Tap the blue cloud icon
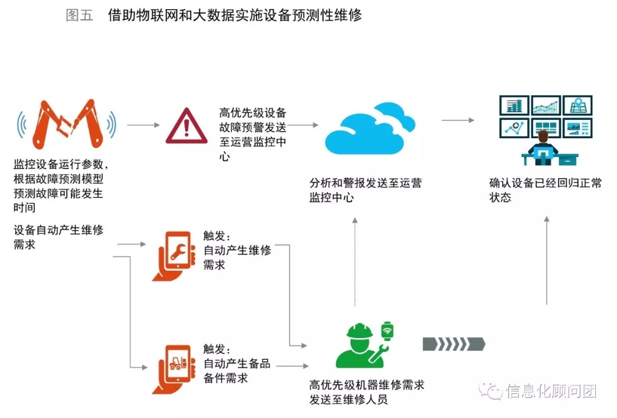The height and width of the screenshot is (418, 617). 370,133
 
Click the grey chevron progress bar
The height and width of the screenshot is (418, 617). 454,344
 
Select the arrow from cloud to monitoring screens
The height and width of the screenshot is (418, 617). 458,120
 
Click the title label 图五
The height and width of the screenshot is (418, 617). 79,15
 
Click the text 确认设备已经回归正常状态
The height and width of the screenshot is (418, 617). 545,191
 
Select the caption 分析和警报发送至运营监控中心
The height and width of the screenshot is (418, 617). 366,191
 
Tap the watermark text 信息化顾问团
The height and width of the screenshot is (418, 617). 551,391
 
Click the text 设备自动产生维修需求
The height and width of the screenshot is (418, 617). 58,238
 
